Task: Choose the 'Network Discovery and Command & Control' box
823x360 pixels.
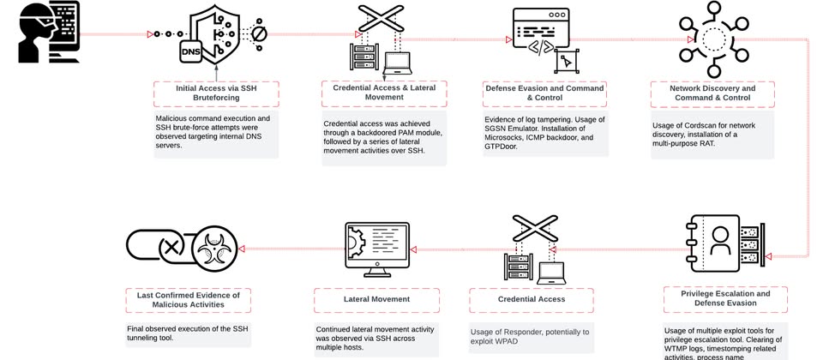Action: point(712,93)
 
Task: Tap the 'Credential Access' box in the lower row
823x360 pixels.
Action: point(531,299)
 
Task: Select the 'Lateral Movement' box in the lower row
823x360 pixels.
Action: point(376,299)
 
